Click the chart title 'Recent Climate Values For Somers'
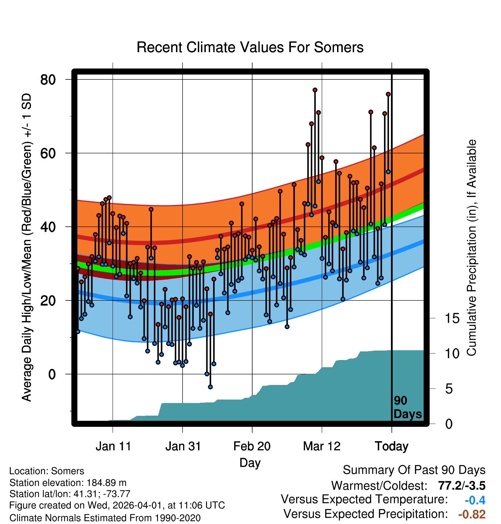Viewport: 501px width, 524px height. click(x=250, y=47)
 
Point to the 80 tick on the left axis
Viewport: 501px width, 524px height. click(x=48, y=80)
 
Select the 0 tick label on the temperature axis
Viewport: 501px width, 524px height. click(x=52, y=374)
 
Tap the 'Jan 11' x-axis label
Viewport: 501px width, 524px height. click(x=113, y=446)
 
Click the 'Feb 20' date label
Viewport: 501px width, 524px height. click(x=252, y=446)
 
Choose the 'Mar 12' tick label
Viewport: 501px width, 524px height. click(x=322, y=446)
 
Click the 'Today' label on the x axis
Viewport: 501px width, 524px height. click(x=392, y=446)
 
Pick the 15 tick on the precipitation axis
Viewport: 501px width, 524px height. click(x=452, y=318)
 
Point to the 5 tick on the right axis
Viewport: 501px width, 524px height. click(x=449, y=389)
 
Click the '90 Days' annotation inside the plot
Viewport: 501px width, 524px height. click(x=407, y=407)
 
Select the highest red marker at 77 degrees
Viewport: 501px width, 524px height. click(x=315, y=90)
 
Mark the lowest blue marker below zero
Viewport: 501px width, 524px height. click(x=210, y=387)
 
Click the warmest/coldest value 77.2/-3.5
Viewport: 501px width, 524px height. click(x=461, y=486)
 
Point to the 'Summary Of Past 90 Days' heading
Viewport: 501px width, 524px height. click(x=414, y=470)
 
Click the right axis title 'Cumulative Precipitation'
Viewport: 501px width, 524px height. click(x=471, y=248)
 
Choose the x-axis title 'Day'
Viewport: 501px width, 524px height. click(x=250, y=463)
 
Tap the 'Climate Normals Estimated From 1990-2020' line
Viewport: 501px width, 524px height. click(x=105, y=518)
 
